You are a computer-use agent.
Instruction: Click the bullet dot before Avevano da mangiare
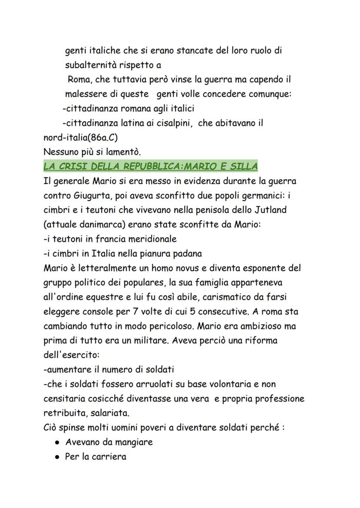click(x=57, y=442)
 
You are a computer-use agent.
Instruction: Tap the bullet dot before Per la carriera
click(x=57, y=457)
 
